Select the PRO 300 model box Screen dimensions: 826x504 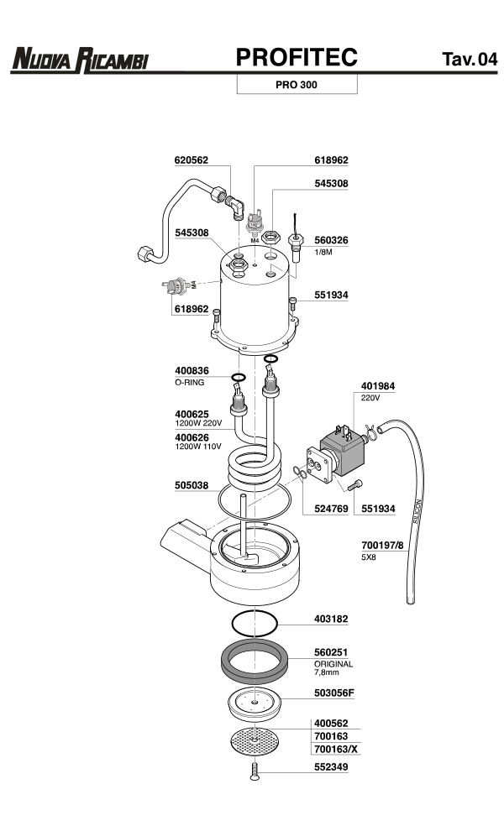tap(297, 85)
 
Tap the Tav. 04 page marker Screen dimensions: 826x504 tap(469, 60)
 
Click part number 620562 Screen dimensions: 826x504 tap(191, 159)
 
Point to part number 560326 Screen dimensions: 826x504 tap(331, 240)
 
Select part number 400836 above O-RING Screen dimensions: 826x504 tap(192, 370)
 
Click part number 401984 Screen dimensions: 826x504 tap(378, 387)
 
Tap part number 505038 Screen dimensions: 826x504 tap(192, 484)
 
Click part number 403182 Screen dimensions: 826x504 tap(331, 619)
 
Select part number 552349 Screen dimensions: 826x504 tap(331, 766)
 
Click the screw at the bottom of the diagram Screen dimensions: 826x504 tap(253, 771)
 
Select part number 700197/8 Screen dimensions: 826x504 tap(382, 545)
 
